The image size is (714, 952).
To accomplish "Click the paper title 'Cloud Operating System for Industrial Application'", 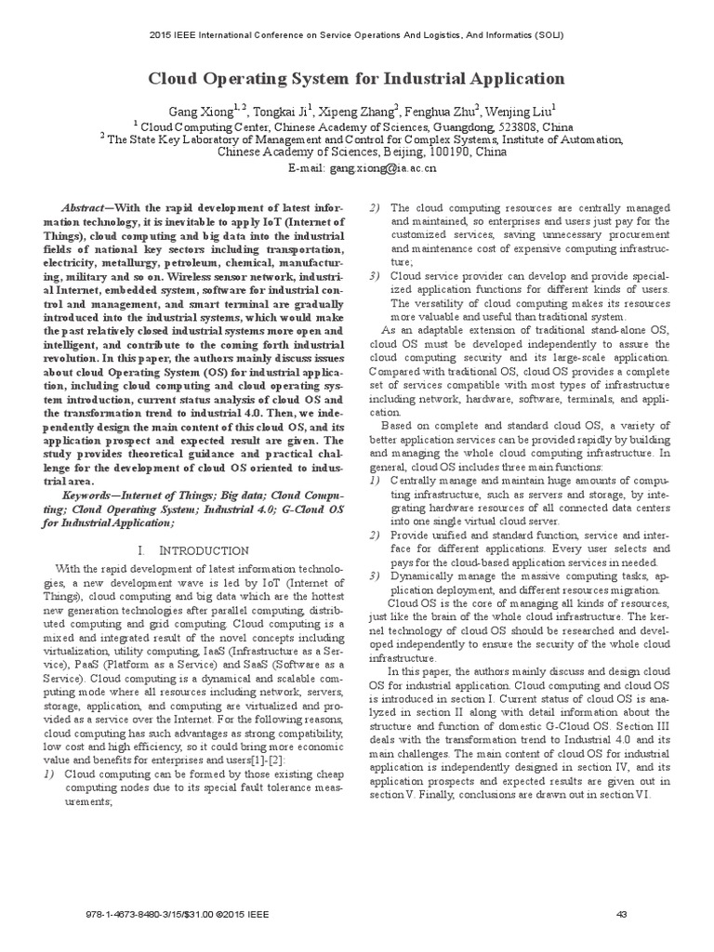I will point(357,78).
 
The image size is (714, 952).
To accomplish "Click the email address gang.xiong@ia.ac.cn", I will point(377,168).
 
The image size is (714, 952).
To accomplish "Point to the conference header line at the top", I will point(357,35).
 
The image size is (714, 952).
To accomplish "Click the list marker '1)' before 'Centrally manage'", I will point(376,480).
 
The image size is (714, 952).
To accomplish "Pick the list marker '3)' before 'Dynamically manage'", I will point(376,575).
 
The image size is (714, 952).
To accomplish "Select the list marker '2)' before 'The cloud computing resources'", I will point(376,208).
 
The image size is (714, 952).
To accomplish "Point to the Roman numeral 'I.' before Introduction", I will point(167,551).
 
